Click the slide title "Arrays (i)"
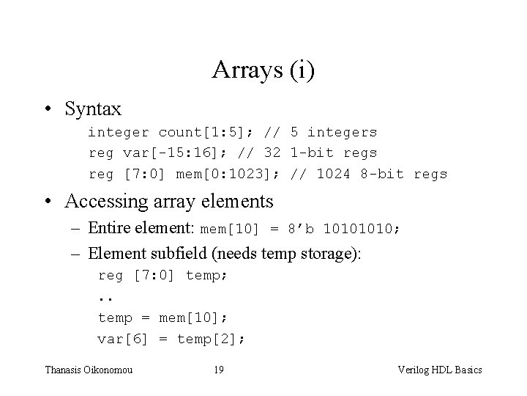(x=263, y=70)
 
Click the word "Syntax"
(x=93, y=109)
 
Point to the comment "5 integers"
(x=334, y=133)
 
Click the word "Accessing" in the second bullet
(x=105, y=201)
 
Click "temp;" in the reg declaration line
(x=207, y=276)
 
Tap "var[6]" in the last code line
(x=123, y=339)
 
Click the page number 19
(x=218, y=370)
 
